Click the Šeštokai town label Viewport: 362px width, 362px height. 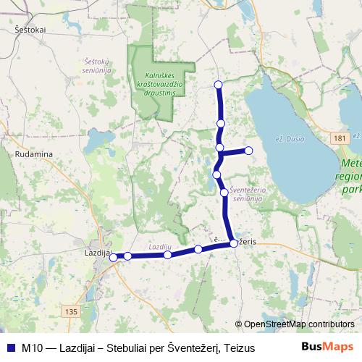30,29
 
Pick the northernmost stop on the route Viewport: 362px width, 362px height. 219,85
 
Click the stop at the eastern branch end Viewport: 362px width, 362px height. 248,151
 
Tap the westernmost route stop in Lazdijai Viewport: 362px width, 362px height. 113,257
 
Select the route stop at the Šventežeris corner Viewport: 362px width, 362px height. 233,243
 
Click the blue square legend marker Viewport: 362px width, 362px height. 10,348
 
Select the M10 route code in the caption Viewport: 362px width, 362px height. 31,348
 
